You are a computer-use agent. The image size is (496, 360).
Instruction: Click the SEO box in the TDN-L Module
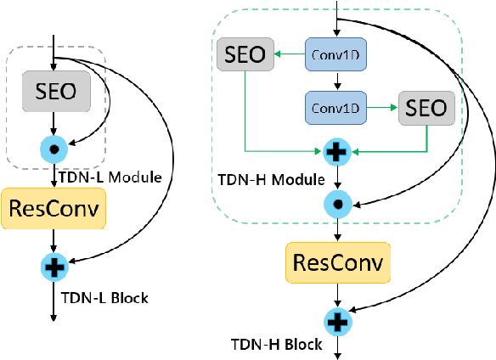54,90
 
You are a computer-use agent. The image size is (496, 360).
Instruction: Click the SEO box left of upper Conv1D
245,55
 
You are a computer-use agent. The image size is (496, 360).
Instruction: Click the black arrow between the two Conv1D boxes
339,82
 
